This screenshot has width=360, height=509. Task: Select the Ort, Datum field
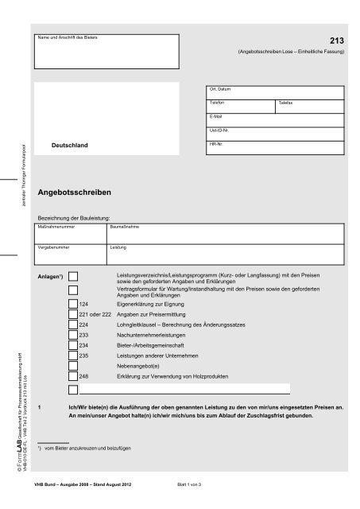point(275,93)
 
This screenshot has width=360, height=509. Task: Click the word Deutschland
point(69,147)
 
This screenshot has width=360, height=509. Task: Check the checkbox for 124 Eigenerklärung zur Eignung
point(73,304)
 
